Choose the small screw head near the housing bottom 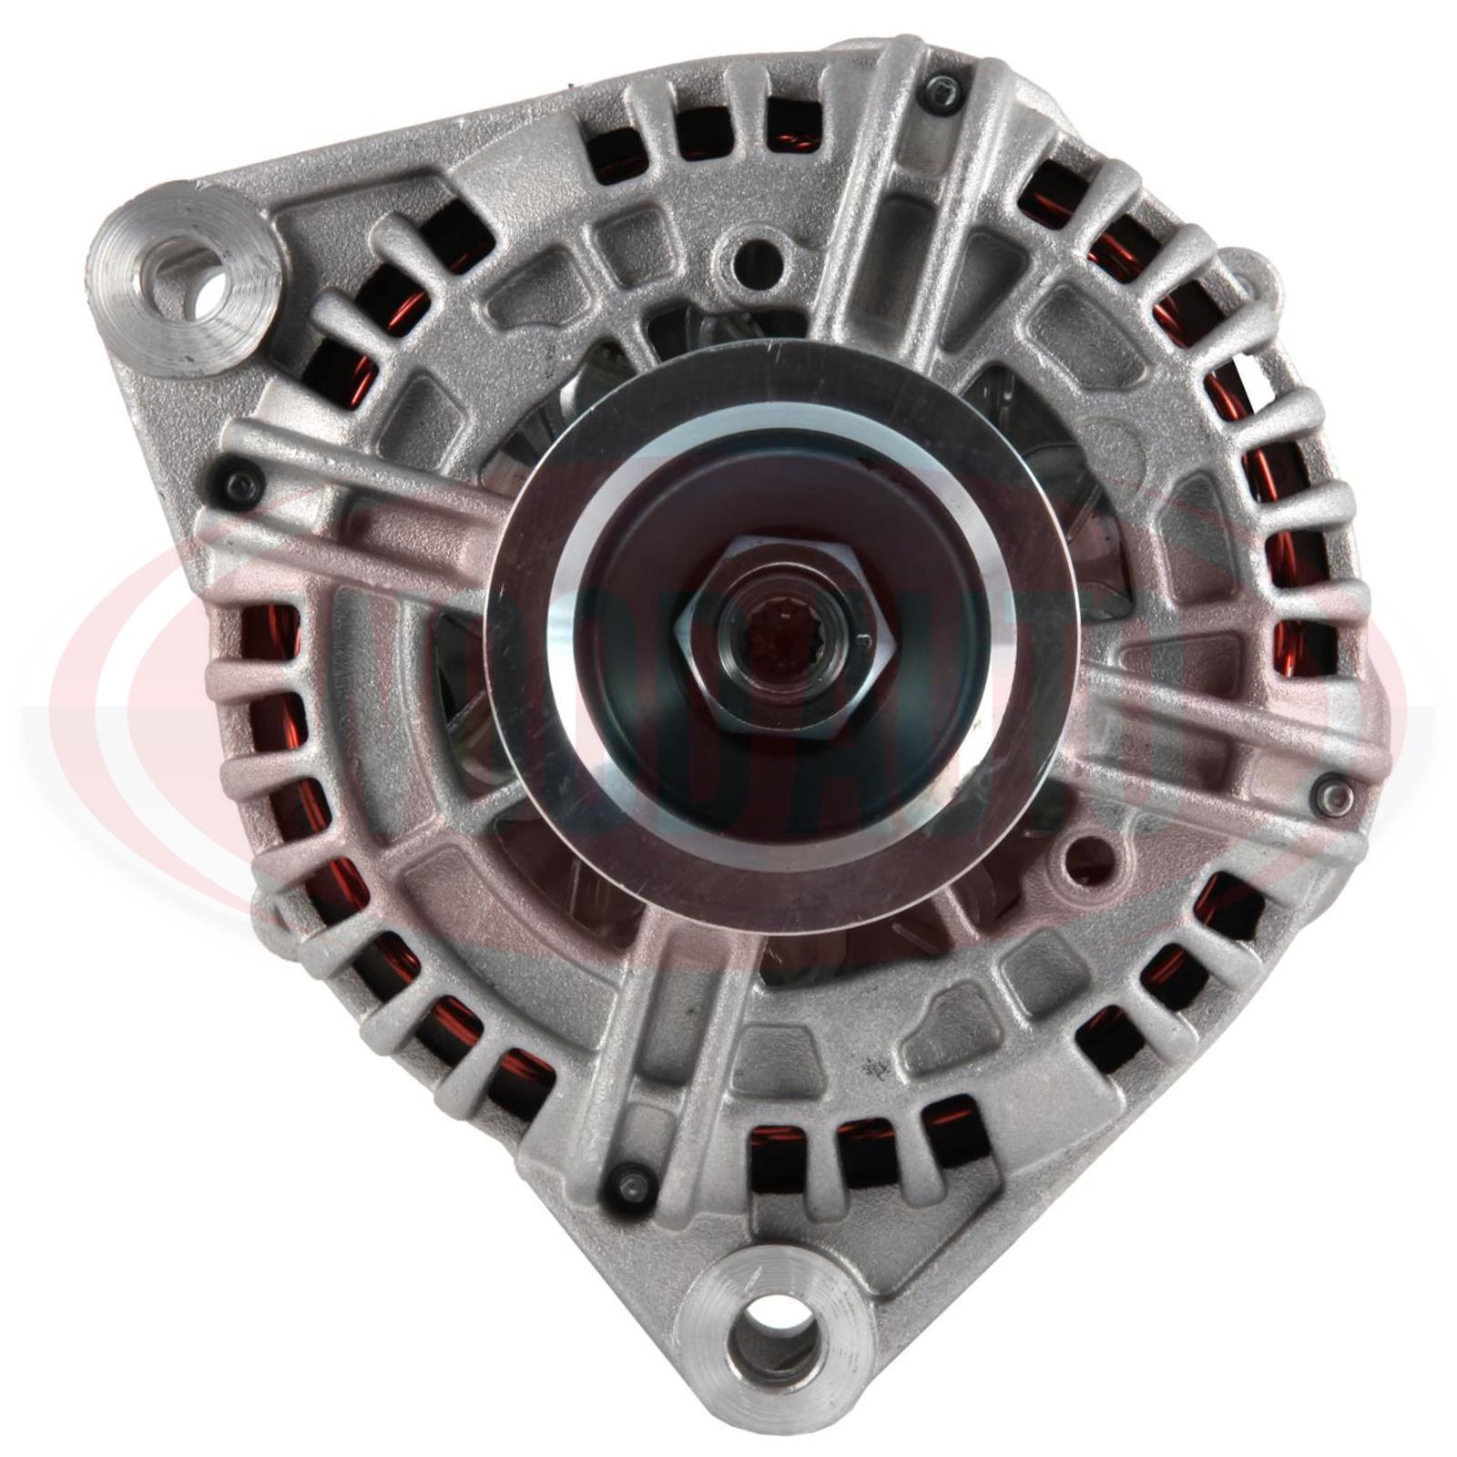pos(628,1183)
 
